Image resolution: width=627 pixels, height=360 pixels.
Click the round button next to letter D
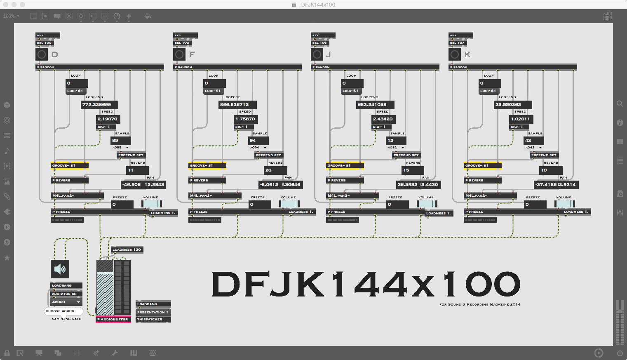tap(42, 54)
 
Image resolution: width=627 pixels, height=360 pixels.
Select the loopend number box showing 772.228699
tap(99, 105)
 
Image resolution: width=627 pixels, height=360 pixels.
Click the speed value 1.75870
tap(245, 119)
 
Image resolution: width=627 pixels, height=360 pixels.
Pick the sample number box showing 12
tap(396, 141)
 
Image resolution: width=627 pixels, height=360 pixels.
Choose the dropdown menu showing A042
tap(534, 148)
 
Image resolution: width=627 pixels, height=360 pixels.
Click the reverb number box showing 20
tap(275, 170)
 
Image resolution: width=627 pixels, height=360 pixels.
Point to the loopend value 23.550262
tap(512, 105)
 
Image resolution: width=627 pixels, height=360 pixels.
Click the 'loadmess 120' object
tap(127, 249)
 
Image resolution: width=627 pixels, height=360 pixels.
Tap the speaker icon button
tap(60, 269)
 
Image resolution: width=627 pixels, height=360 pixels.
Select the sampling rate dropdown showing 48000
tap(66, 302)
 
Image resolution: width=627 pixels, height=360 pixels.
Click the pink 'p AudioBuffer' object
tap(113, 319)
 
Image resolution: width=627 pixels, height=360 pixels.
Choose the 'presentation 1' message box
tap(153, 312)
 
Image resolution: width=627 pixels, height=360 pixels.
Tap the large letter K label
tap(467, 54)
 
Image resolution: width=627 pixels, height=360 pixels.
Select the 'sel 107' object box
tap(458, 42)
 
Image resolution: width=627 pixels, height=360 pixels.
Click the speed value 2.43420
tap(383, 119)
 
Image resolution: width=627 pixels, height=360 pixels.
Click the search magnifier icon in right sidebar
tap(620, 104)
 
